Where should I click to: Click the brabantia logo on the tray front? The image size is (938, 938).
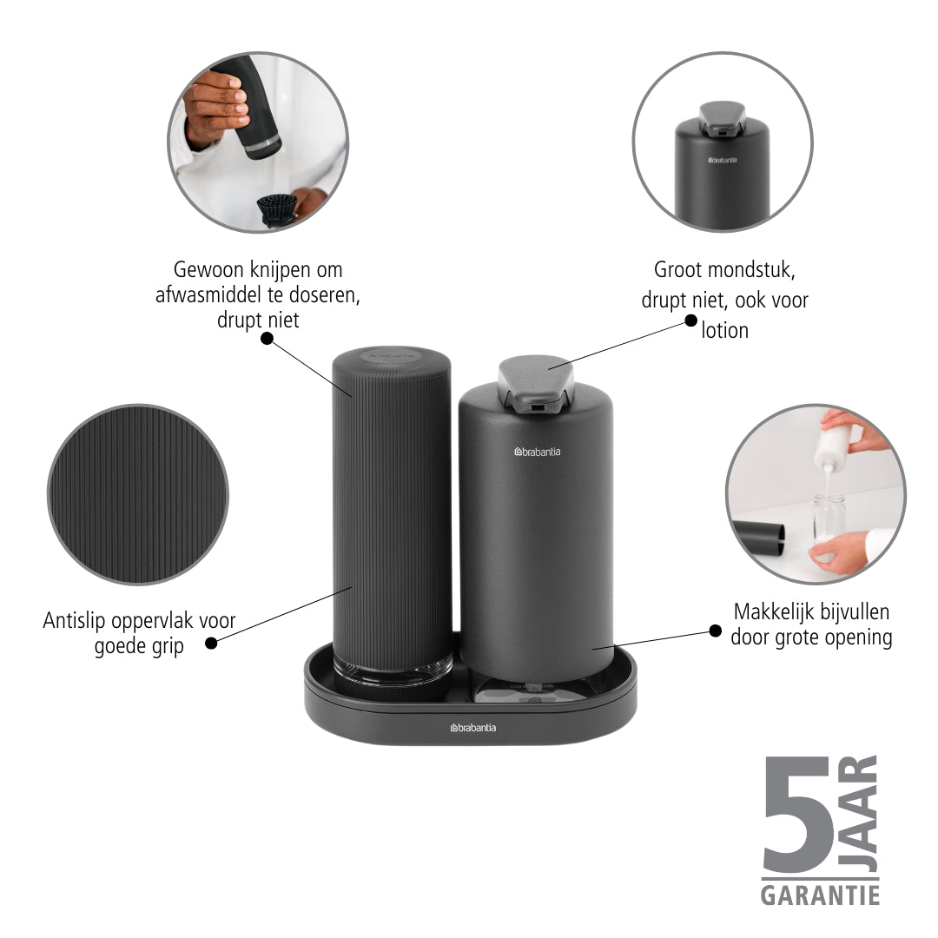(472, 728)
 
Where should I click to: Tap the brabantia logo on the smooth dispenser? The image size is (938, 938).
(538, 452)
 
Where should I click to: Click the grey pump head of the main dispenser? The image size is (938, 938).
(535, 384)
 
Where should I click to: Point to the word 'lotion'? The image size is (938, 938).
(724, 330)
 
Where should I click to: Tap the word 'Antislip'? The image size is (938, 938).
(74, 621)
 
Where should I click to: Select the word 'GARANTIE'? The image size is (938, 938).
(820, 895)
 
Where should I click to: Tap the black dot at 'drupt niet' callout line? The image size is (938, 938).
(267, 339)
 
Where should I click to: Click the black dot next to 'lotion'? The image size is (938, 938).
(690, 321)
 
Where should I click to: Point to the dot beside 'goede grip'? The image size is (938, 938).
(210, 643)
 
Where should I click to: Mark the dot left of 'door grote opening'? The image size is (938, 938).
(715, 631)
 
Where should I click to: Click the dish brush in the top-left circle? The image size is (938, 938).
(278, 210)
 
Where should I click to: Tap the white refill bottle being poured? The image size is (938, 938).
(831, 445)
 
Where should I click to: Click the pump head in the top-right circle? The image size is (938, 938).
(722, 116)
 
